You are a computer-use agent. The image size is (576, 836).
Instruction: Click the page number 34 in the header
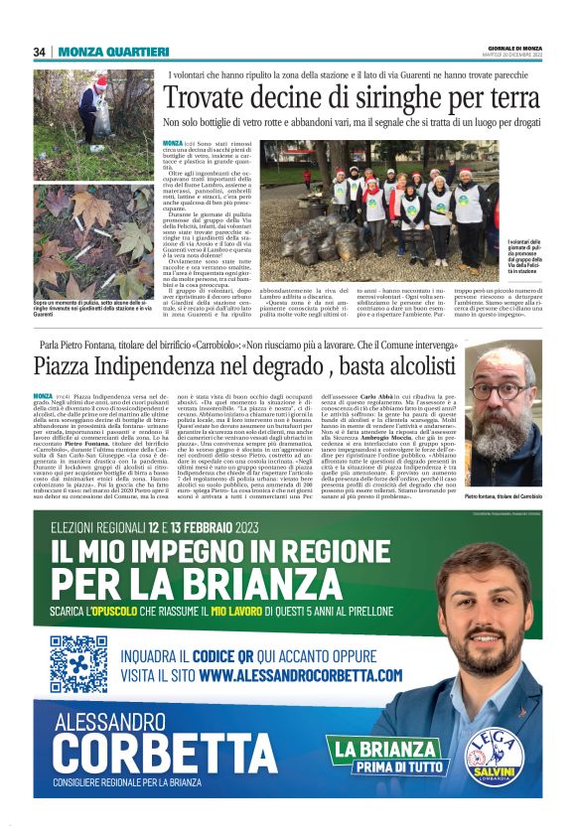tap(39, 52)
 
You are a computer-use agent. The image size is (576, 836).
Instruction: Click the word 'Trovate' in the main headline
tap(204, 100)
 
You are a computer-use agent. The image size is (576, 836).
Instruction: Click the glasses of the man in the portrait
tap(510, 388)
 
